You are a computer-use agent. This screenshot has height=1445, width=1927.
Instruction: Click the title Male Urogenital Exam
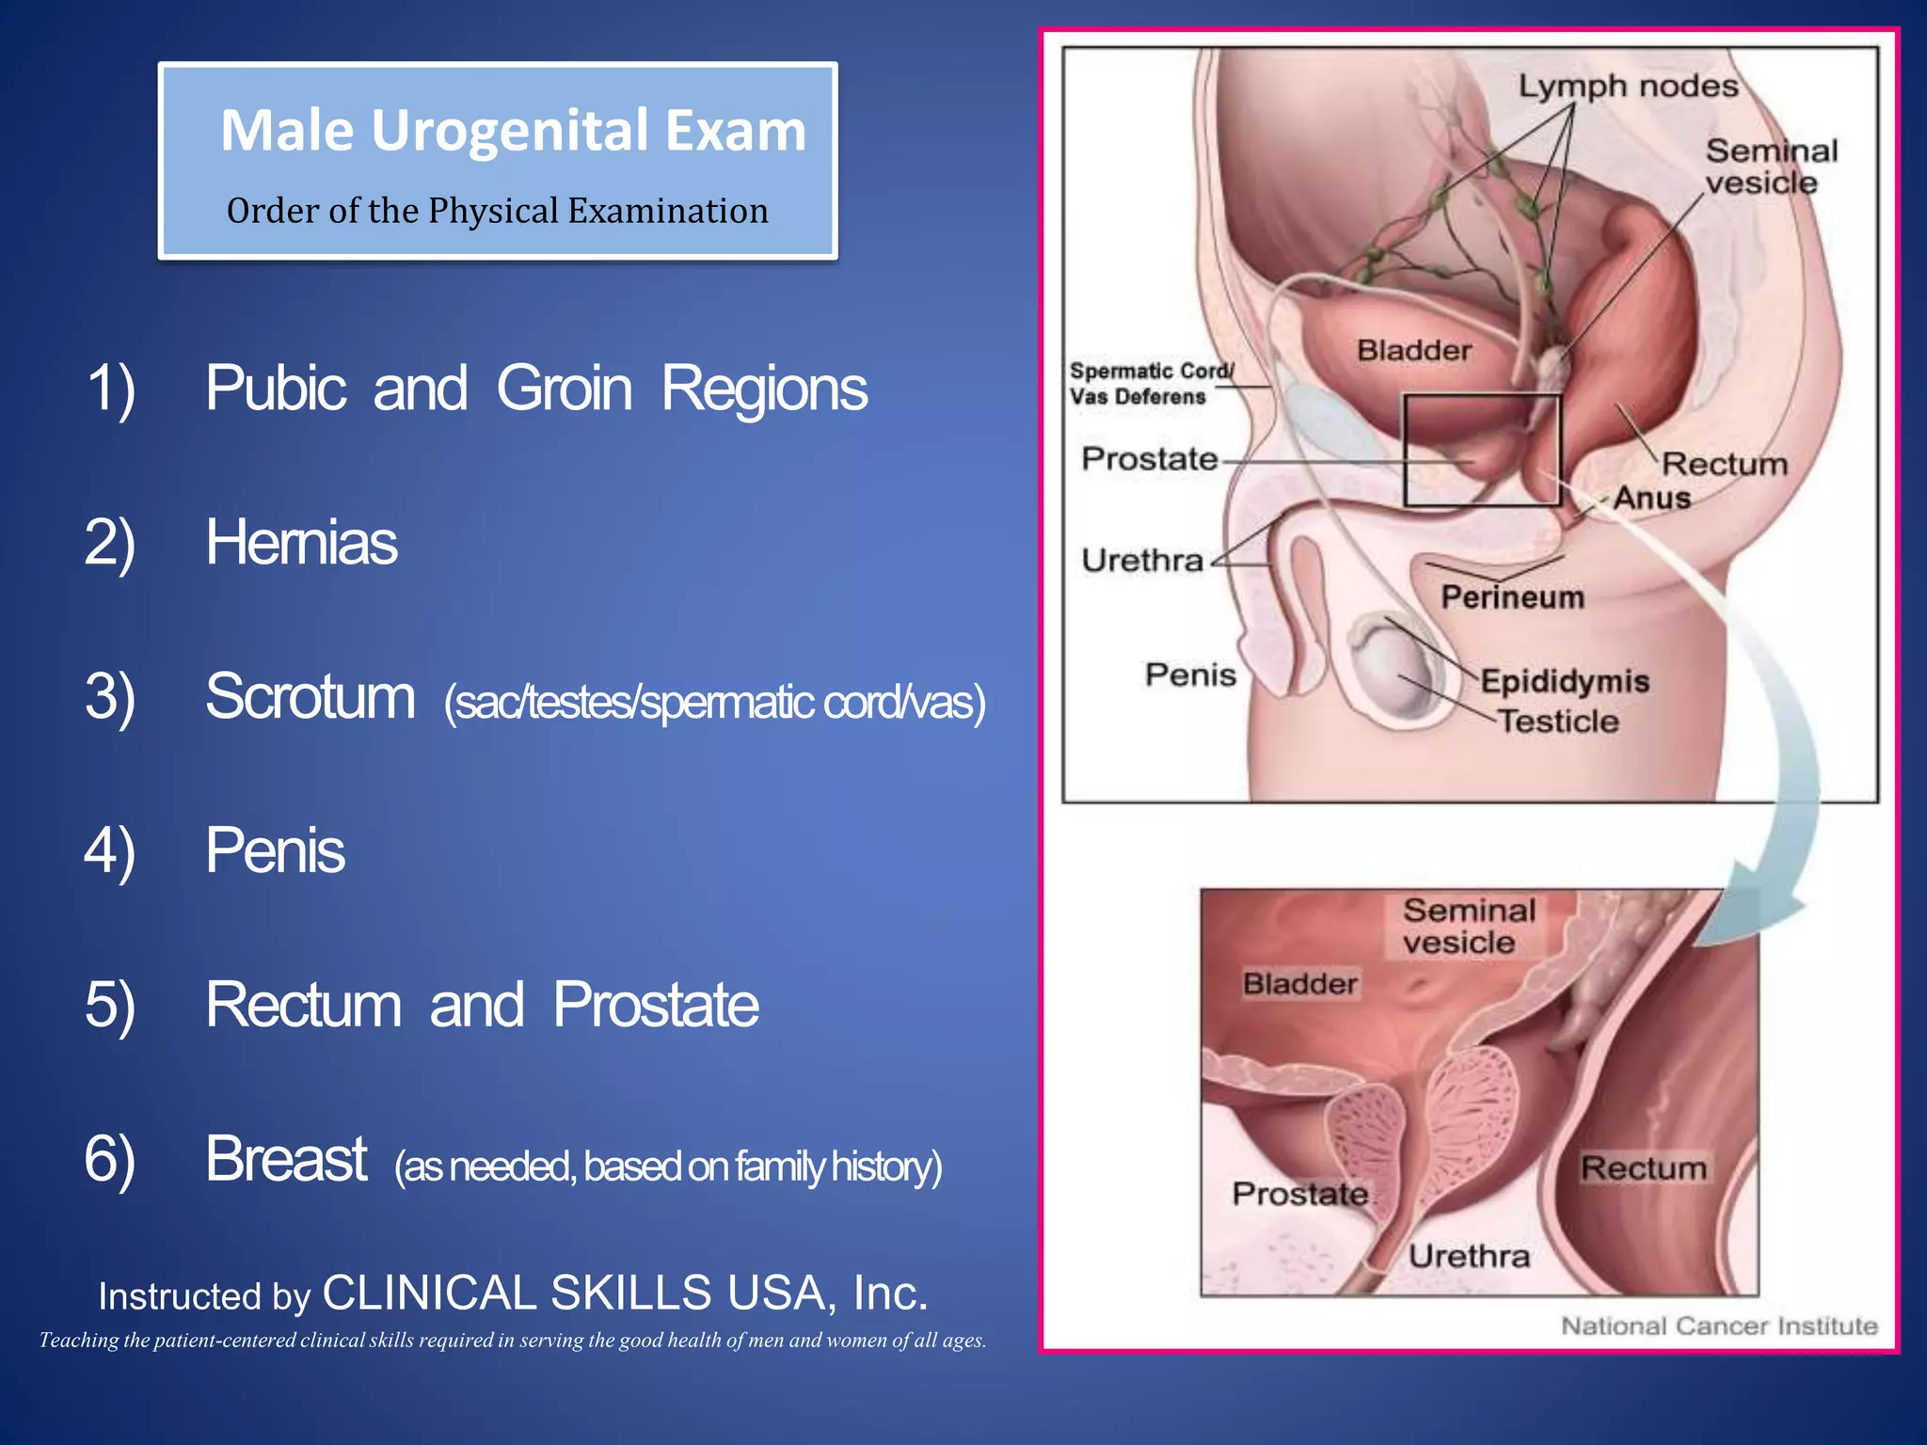(x=513, y=130)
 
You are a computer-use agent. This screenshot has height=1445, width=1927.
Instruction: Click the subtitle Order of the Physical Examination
(x=497, y=211)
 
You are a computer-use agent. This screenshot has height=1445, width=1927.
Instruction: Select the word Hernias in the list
(x=301, y=543)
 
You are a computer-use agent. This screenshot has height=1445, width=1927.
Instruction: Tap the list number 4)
(x=109, y=850)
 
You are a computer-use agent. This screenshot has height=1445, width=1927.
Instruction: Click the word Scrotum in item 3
(x=310, y=697)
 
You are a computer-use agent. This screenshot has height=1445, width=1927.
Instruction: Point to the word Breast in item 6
(x=285, y=1159)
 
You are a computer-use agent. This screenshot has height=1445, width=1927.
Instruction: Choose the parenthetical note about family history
(x=668, y=1167)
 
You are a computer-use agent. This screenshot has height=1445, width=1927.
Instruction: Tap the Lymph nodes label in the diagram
(x=1628, y=87)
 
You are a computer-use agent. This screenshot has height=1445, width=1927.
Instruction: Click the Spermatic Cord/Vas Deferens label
(x=1150, y=384)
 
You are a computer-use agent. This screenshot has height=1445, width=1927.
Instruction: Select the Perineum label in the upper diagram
(x=1512, y=596)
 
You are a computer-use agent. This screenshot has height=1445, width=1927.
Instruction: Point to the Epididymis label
(x=1565, y=681)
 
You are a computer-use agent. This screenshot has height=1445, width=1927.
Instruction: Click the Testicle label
(x=1558, y=722)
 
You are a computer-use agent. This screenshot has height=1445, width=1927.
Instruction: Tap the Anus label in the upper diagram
(x=1652, y=498)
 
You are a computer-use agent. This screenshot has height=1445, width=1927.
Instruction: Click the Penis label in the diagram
(x=1190, y=675)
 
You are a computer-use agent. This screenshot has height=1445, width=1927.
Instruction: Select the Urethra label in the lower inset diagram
(x=1469, y=1256)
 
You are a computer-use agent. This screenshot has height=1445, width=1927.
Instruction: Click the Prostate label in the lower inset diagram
(x=1300, y=1194)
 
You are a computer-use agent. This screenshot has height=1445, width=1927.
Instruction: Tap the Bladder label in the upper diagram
(x=1413, y=351)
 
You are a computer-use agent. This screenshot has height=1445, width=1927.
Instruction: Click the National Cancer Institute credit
(x=1719, y=1326)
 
